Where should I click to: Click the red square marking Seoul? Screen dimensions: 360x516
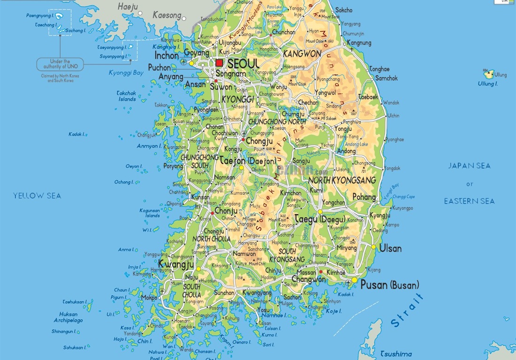219,63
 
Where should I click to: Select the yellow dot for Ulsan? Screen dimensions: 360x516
373,247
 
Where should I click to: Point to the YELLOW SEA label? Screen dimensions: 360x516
37,196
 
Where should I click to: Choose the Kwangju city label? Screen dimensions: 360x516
176,264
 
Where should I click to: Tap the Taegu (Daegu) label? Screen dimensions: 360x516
320,219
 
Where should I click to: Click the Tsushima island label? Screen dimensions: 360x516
396,354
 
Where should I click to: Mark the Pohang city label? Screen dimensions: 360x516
364,197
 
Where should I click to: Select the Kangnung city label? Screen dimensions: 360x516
358,43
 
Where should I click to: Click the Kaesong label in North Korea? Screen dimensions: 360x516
167,15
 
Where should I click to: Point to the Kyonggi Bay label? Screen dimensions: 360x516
126,73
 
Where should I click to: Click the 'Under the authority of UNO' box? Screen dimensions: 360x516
60,64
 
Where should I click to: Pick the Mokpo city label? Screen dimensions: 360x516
149,298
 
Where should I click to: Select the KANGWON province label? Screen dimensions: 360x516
302,54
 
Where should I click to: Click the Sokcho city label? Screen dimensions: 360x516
344,10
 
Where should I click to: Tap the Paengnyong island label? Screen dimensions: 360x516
42,16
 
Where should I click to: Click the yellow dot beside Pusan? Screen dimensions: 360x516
355,280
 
